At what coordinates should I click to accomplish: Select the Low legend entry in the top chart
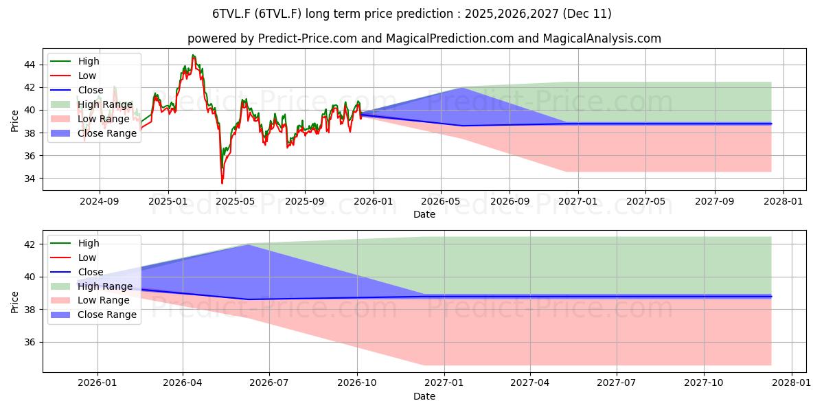click(x=87, y=76)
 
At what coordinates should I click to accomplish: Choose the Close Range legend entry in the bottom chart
click(x=107, y=314)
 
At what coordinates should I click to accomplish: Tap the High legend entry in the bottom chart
click(x=89, y=243)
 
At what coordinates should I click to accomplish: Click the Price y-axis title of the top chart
click(x=15, y=120)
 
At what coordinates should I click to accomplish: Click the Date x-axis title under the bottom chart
click(x=424, y=396)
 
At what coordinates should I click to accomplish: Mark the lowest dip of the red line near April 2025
click(x=222, y=183)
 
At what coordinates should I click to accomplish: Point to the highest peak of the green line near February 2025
click(x=193, y=55)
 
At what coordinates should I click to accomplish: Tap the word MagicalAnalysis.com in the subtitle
click(x=602, y=38)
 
